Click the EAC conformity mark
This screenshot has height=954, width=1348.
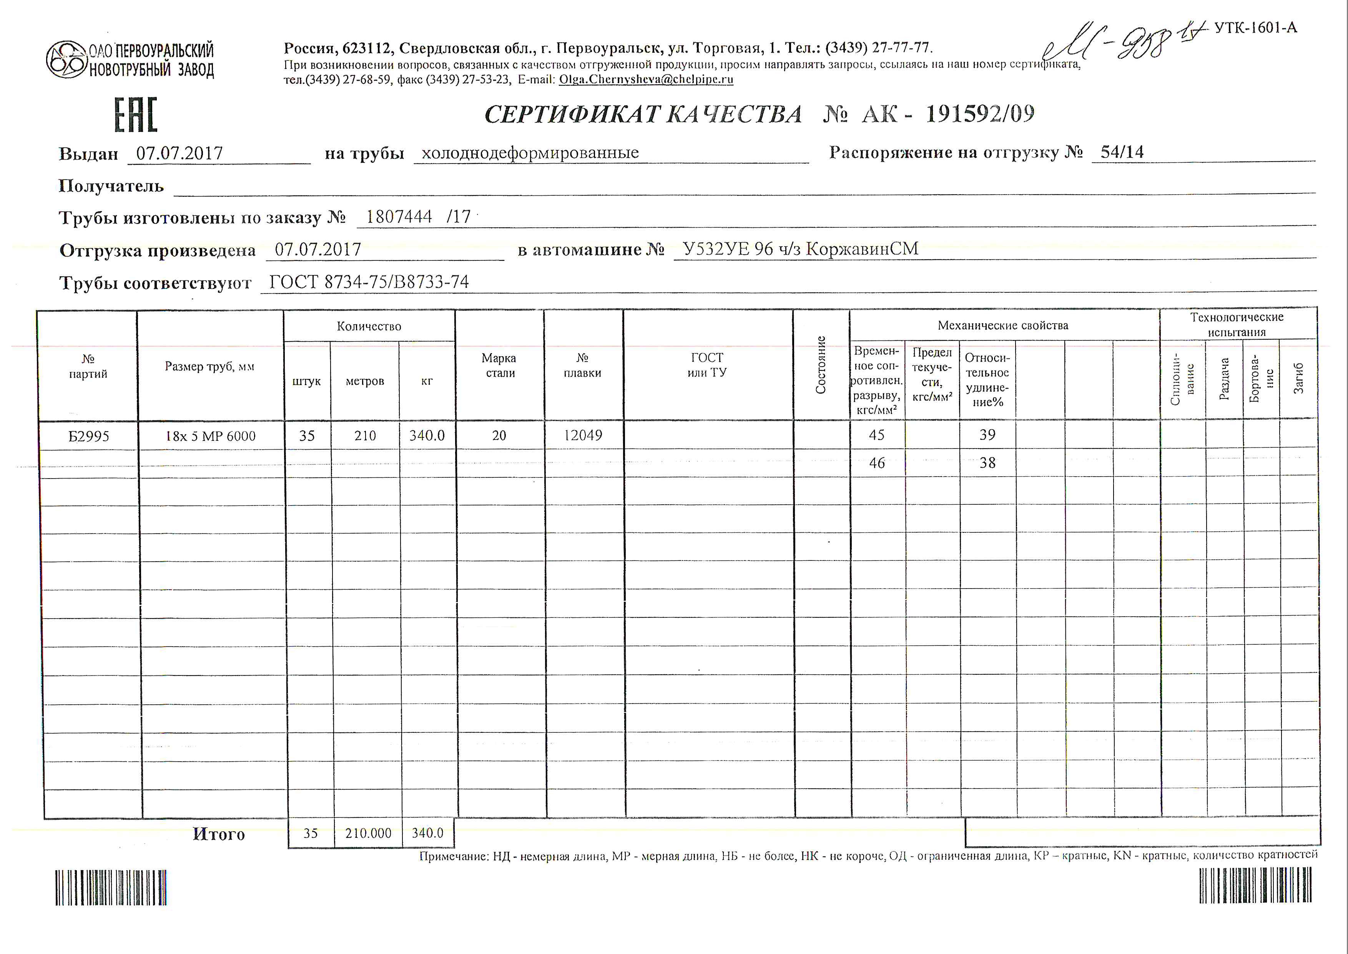coord(136,115)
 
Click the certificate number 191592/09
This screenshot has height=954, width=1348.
coord(980,113)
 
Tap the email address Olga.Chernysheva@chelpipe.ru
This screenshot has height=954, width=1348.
coord(646,79)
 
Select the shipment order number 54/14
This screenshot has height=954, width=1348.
coord(1122,152)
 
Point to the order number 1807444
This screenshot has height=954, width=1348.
coord(399,217)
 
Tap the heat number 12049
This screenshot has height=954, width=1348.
coord(583,435)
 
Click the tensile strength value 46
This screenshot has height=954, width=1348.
coord(876,463)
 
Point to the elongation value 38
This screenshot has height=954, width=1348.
coord(987,463)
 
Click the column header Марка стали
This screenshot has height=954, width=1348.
coord(499,365)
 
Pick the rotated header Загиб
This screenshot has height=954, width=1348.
coord(1298,378)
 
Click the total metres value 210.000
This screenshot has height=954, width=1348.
coord(368,833)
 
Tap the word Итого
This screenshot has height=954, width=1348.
coord(218,834)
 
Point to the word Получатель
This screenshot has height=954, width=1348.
coord(111,186)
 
